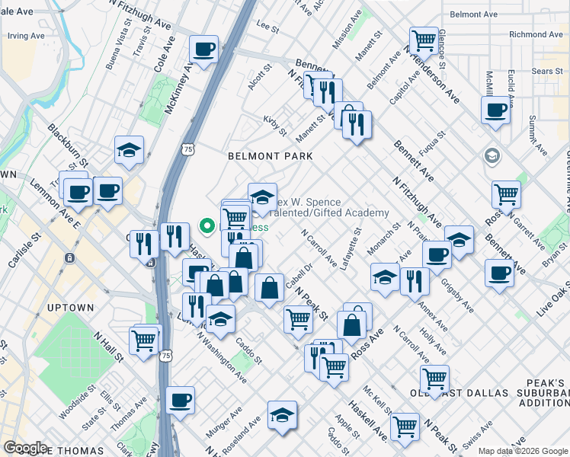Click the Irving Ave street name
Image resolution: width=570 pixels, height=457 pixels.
click(x=26, y=36)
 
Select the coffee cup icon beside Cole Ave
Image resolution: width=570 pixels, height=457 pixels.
click(x=204, y=50)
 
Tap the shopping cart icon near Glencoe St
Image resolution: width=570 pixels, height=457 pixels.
click(x=423, y=40)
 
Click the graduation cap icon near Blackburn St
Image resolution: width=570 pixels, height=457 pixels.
click(x=130, y=150)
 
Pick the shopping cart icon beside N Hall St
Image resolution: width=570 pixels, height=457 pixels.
click(x=144, y=339)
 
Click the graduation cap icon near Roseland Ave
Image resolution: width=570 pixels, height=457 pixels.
click(x=282, y=415)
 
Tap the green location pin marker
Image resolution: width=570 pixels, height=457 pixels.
click(x=206, y=225)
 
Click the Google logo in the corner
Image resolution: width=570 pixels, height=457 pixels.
click(x=26, y=448)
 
